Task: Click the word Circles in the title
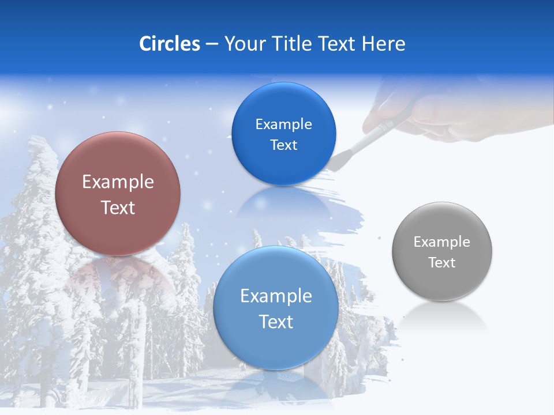tap(170, 44)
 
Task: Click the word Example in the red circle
tap(118, 182)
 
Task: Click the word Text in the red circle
tap(118, 207)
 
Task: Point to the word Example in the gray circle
tap(442, 242)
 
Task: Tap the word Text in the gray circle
tap(442, 263)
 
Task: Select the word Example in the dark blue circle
tap(283, 124)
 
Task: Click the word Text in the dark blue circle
tap(283, 145)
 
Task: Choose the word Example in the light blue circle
tap(276, 296)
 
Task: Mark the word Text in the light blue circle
tap(276, 322)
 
